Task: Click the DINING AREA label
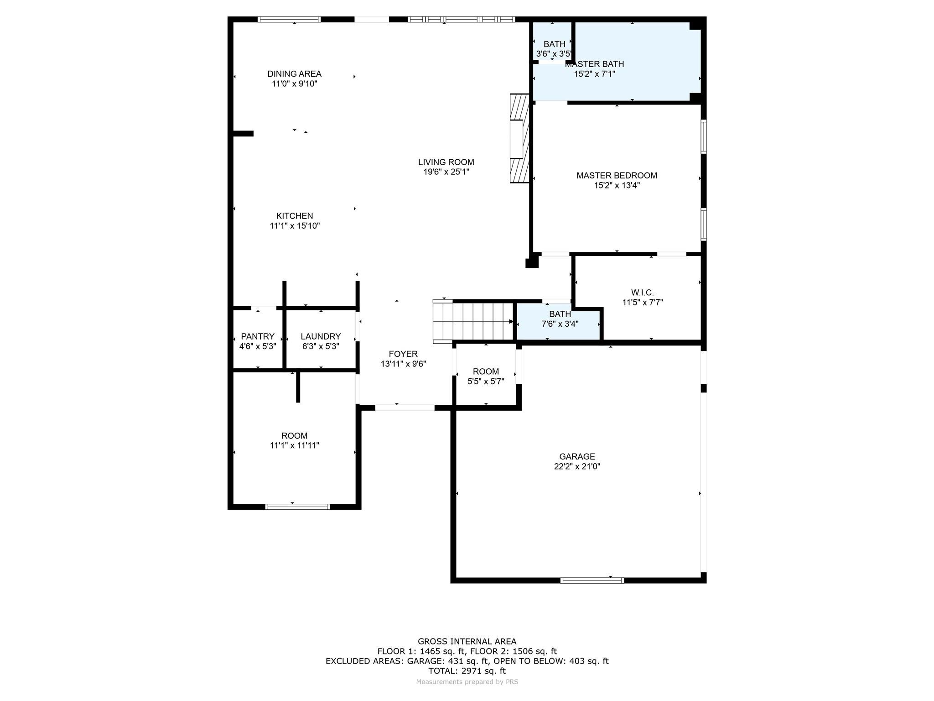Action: click(x=294, y=74)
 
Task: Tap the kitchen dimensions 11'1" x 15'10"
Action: click(x=295, y=226)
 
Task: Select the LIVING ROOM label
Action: click(x=446, y=162)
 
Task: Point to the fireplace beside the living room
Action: click(x=519, y=138)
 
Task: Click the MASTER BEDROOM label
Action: click(x=617, y=175)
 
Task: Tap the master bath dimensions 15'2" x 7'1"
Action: click(x=594, y=74)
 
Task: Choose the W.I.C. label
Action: click(x=642, y=293)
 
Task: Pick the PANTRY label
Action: click(x=258, y=336)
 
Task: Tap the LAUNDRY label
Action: click(x=321, y=336)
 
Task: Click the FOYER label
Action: click(x=403, y=354)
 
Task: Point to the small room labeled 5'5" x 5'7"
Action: click(x=486, y=376)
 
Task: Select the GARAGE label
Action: click(x=577, y=456)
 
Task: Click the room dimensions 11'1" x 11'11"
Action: click(x=294, y=445)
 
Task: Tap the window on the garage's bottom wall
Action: click(x=592, y=581)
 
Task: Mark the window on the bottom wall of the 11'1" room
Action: click(x=297, y=507)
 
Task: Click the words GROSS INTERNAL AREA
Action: click(x=467, y=641)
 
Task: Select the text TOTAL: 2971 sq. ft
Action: click(x=467, y=671)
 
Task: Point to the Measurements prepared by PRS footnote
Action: click(x=467, y=682)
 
